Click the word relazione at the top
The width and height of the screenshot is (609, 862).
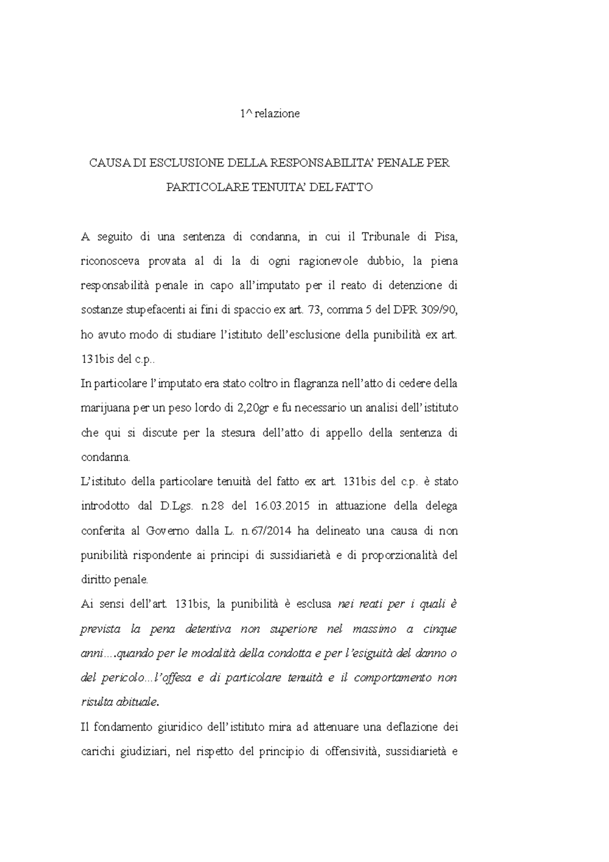[x=277, y=114]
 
